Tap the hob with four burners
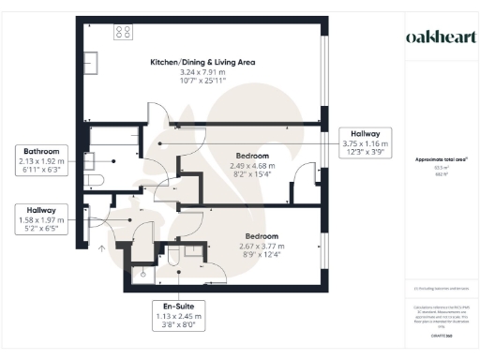click(123, 32)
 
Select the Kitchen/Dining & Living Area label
click(202, 63)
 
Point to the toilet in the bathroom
click(94, 179)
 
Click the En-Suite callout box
click(176, 320)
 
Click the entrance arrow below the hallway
click(100, 247)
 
